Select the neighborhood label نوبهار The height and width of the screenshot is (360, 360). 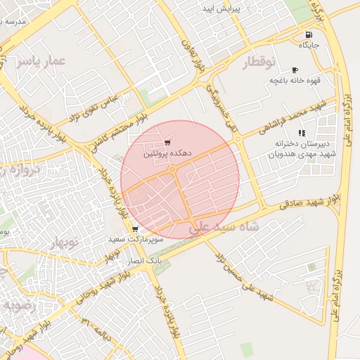coord(67,243)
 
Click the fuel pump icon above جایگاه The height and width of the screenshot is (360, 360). coord(308,35)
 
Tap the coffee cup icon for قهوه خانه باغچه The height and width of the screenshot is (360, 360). coord(294,70)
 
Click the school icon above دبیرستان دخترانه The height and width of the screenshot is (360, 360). coord(302,133)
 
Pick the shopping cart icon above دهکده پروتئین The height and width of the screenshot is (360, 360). coord(167,143)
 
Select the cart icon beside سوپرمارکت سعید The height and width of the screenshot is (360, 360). coord(135,229)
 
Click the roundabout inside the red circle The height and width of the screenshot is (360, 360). coord(172,169)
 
